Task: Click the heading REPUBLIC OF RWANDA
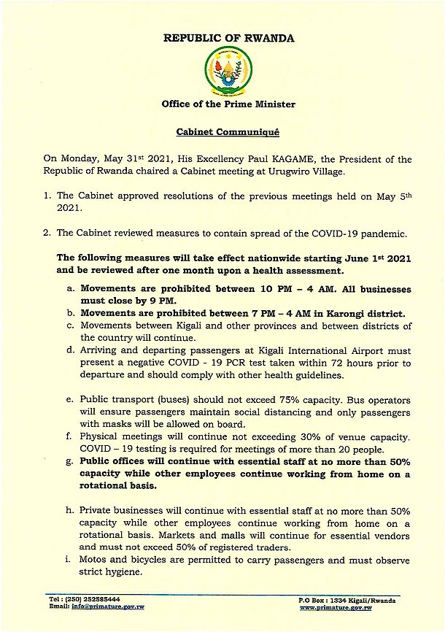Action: tap(228, 39)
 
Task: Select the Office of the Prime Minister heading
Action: tap(228, 104)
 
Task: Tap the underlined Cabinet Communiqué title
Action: tap(228, 134)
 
